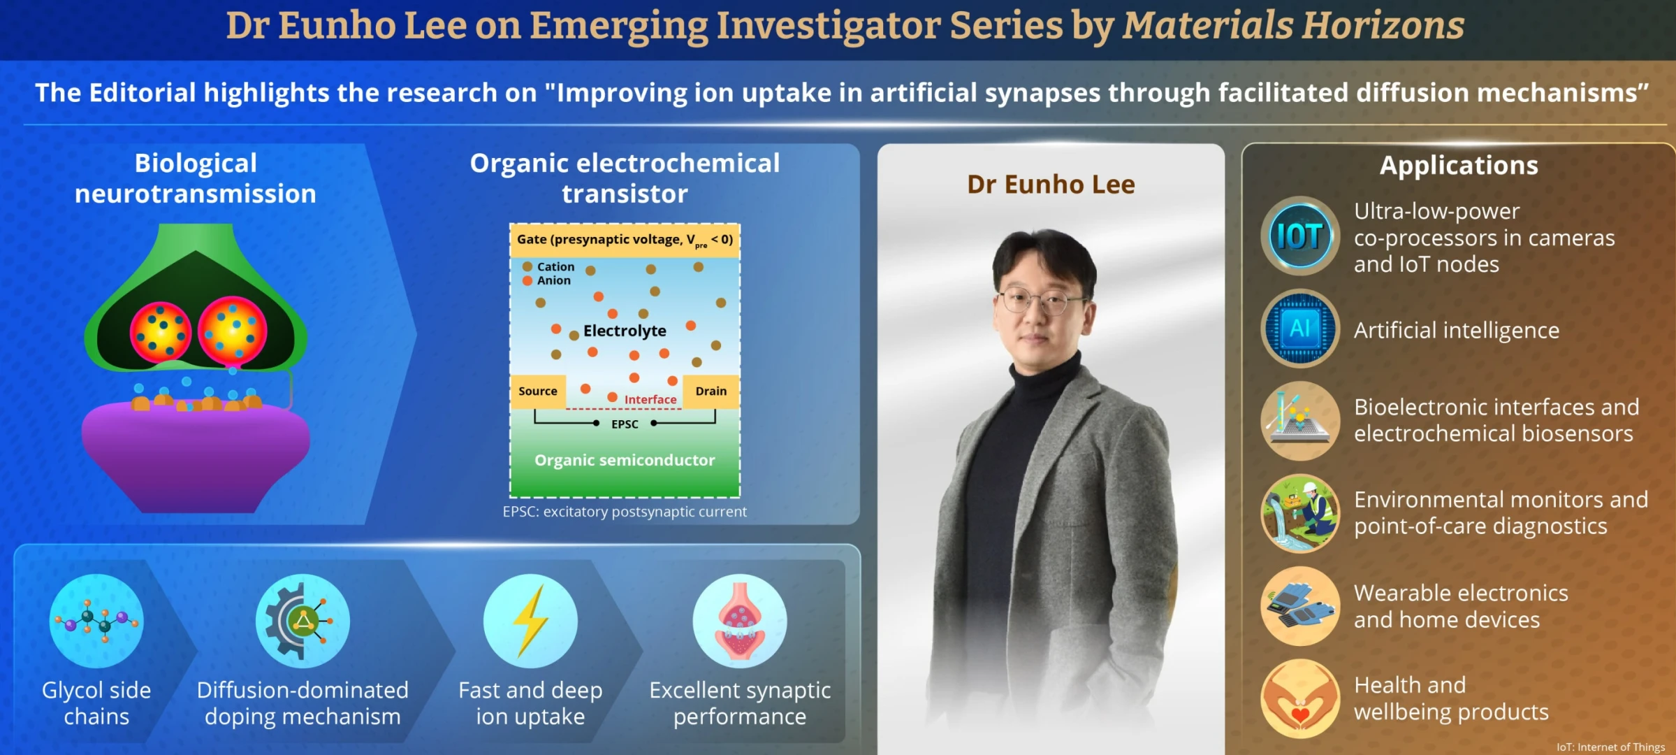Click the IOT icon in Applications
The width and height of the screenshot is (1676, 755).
tap(1300, 236)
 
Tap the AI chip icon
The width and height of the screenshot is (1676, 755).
tap(1300, 329)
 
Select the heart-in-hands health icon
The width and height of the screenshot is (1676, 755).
tap(1300, 698)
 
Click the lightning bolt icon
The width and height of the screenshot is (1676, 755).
tap(530, 621)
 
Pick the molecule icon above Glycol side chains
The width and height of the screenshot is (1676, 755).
tap(96, 621)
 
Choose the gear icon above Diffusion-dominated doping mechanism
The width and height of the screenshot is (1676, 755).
tap(303, 621)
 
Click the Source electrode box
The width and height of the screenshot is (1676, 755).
tap(538, 391)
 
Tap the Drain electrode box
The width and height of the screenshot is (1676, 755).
tap(711, 391)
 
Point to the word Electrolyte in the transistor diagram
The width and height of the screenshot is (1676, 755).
tap(625, 331)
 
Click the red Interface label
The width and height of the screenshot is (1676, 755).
tap(650, 400)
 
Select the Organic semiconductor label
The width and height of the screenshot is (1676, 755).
tap(625, 460)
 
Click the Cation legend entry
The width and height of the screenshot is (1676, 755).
tap(548, 267)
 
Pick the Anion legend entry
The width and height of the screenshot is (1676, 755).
tap(546, 280)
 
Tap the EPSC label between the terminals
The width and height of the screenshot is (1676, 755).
tap(625, 424)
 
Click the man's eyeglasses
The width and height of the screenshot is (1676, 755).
tap(1041, 301)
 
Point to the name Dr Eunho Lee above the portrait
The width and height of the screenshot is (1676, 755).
tap(1051, 185)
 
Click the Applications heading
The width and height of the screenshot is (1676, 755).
tap(1459, 166)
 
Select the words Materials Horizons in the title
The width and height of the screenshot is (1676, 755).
tap(1293, 25)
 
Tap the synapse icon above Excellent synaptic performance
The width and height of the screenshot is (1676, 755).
tap(740, 621)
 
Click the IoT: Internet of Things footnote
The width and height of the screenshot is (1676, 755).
tap(1610, 747)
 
